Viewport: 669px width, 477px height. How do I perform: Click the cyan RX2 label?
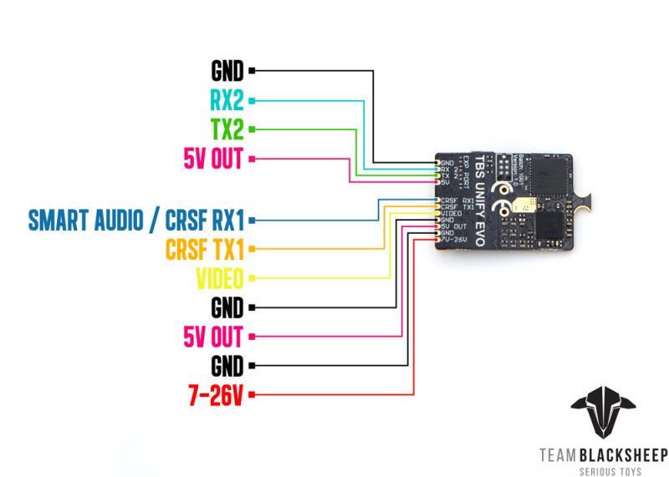pyautogui.click(x=227, y=100)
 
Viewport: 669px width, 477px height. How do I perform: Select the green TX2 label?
pyautogui.click(x=227, y=129)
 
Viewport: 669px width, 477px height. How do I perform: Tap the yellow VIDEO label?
pyautogui.click(x=219, y=277)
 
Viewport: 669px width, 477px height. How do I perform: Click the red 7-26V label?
pyautogui.click(x=214, y=394)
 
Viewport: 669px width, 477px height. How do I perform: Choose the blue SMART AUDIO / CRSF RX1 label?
pyautogui.click(x=135, y=220)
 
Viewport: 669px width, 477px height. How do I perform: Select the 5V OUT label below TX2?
pyautogui.click(x=212, y=158)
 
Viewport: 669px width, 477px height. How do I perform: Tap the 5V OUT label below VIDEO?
pyautogui.click(x=212, y=337)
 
